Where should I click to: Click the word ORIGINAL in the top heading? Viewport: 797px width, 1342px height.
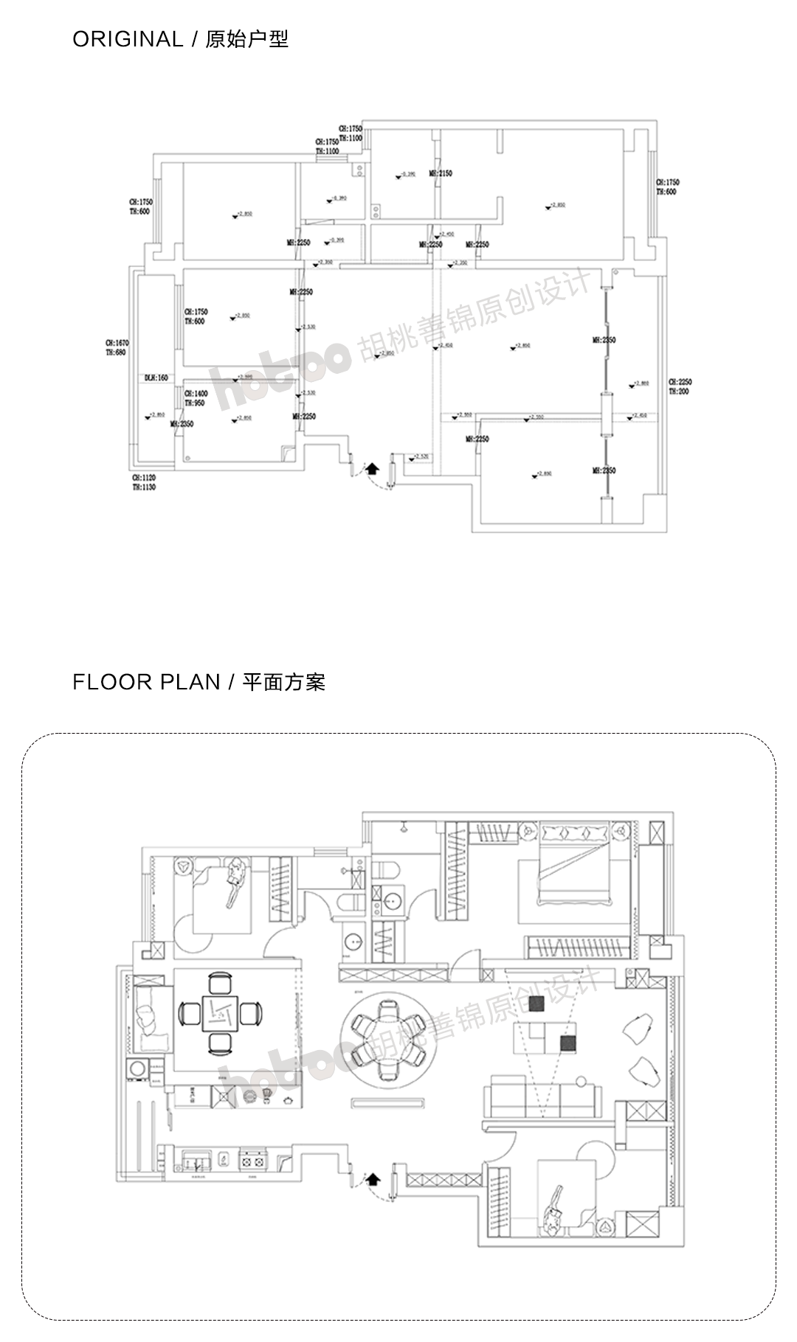coord(127,39)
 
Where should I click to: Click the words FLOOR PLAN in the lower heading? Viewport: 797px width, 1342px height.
coord(146,682)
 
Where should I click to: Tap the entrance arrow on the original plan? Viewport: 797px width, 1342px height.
coord(372,468)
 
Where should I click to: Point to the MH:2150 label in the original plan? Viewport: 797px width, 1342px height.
coord(441,173)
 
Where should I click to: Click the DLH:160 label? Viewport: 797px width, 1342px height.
coord(156,378)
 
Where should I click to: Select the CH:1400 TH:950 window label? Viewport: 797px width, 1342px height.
coord(196,399)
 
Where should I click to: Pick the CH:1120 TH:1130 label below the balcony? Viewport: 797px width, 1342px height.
coord(144,483)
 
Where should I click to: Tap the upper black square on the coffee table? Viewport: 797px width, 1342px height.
coord(536,1004)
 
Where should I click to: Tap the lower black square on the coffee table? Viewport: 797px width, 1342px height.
coord(567,1043)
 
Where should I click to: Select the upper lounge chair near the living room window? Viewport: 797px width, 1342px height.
coord(638,1027)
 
